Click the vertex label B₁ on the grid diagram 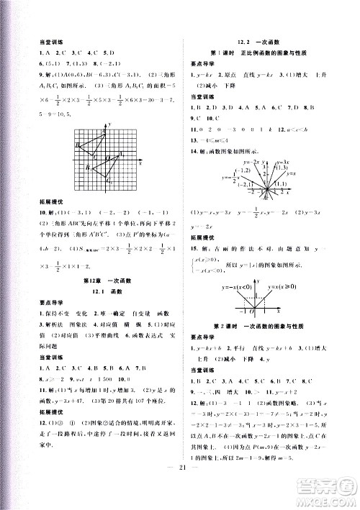click(86, 168)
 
